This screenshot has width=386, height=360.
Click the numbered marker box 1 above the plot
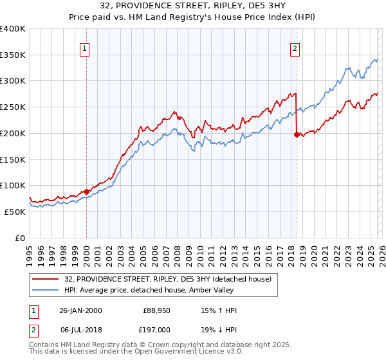(x=86, y=47)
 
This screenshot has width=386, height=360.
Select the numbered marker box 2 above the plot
(x=295, y=47)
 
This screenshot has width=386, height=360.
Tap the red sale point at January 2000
(x=86, y=191)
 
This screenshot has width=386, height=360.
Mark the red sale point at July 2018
(x=297, y=134)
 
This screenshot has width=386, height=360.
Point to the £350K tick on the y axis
(x=13, y=55)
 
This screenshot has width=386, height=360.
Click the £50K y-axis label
(x=15, y=212)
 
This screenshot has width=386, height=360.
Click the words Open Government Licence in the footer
(x=179, y=352)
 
